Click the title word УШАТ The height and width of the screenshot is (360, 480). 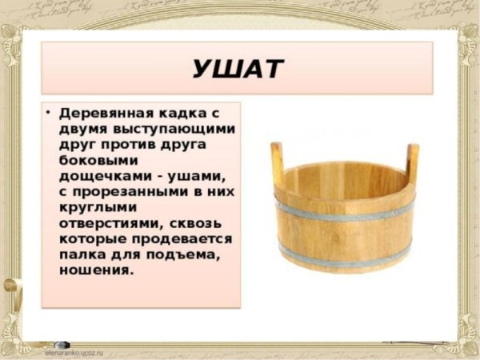(237, 69)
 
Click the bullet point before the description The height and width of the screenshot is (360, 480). (49, 112)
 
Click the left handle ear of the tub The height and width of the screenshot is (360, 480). (277, 162)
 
